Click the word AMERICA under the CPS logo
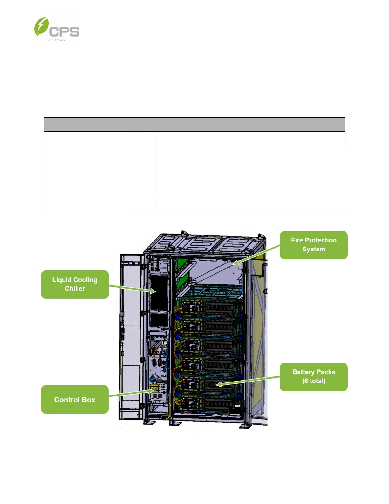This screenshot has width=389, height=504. (x=57, y=40)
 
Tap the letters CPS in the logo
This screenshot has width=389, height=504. (x=64, y=32)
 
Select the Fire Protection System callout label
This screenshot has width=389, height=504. (x=313, y=245)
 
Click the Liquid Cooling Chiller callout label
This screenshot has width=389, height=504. (x=75, y=284)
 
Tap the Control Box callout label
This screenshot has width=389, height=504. (x=75, y=400)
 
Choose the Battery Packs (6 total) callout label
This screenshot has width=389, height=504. (x=313, y=377)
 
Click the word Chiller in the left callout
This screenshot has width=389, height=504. (x=75, y=289)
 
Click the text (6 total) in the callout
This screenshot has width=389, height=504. (x=314, y=381)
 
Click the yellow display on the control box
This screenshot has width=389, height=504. (x=155, y=388)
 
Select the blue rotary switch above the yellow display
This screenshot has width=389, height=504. (x=153, y=380)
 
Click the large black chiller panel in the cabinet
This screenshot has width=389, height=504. (x=158, y=292)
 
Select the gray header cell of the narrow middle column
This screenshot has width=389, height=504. (x=146, y=124)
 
